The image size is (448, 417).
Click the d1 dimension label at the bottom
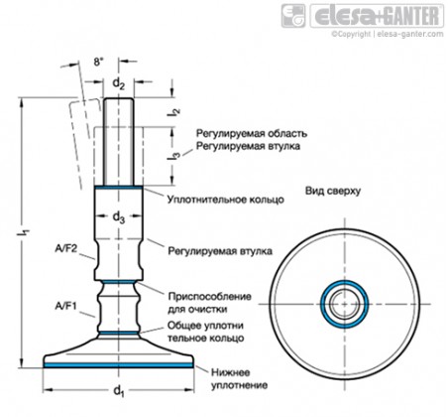pos(119,391)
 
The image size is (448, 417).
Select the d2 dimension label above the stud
pos(119,83)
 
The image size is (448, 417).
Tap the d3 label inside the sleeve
pos(119,217)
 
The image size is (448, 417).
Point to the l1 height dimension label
pos(25,232)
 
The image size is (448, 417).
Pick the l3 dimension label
pos(175,157)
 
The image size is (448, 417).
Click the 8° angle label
pos(98,62)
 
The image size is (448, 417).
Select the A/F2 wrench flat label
pos(66,248)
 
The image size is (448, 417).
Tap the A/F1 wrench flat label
pos(66,307)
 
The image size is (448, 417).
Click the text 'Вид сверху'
pos(333,191)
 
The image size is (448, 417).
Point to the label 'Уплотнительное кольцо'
pos(226,200)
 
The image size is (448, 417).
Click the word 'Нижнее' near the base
pos(231,372)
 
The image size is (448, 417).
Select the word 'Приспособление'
pos(210,296)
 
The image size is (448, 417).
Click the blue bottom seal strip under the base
pos(118,364)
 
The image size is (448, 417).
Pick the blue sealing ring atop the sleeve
pos(119,188)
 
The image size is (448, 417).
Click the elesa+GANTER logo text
pos(377,16)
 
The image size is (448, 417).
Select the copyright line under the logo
pos(388,34)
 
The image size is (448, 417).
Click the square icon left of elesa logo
pos(293,16)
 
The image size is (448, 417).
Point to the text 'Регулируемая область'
pos(252,133)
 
